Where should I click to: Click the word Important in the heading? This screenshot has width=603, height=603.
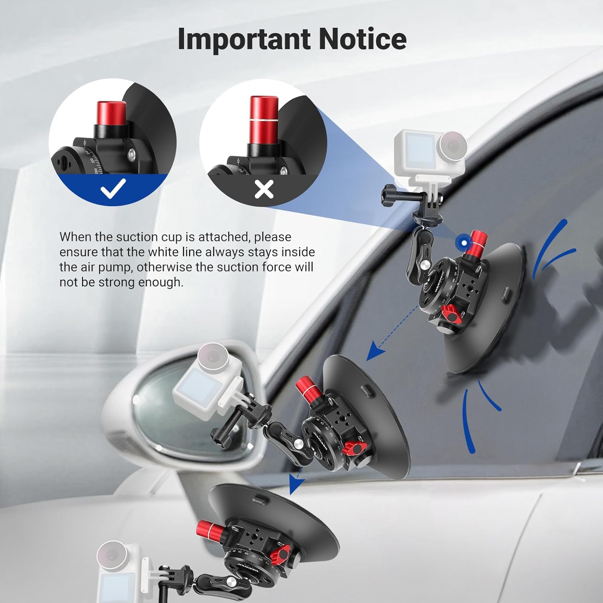[x=244, y=39]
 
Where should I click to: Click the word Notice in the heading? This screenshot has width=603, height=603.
[x=362, y=39]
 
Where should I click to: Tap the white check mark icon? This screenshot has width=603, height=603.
[x=113, y=188]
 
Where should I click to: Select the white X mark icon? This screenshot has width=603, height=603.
[x=264, y=189]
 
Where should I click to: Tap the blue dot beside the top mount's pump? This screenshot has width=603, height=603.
[x=464, y=242]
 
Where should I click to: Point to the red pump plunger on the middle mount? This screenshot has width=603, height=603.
[x=307, y=390]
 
